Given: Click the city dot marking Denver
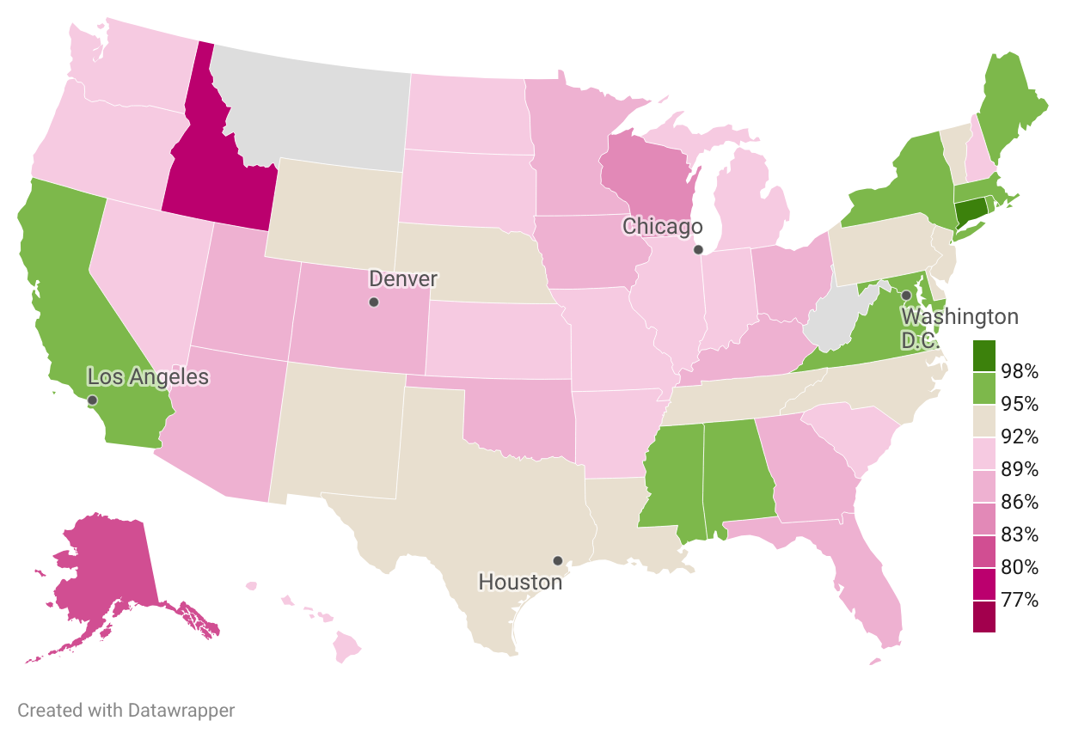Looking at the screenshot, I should [373, 302].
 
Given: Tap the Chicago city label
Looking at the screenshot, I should [662, 226].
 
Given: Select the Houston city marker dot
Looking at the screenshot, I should [558, 560].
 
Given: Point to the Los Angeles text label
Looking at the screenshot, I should [148, 376].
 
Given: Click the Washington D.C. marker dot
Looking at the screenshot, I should [906, 295].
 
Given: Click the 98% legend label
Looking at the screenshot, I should [1020, 371].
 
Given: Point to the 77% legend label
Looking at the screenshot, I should [1020, 600].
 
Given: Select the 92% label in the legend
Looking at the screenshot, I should [1020, 437].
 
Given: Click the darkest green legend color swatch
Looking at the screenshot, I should [984, 355].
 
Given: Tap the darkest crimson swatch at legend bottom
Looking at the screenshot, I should [984, 617].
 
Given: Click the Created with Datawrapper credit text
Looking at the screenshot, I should [126, 711].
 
